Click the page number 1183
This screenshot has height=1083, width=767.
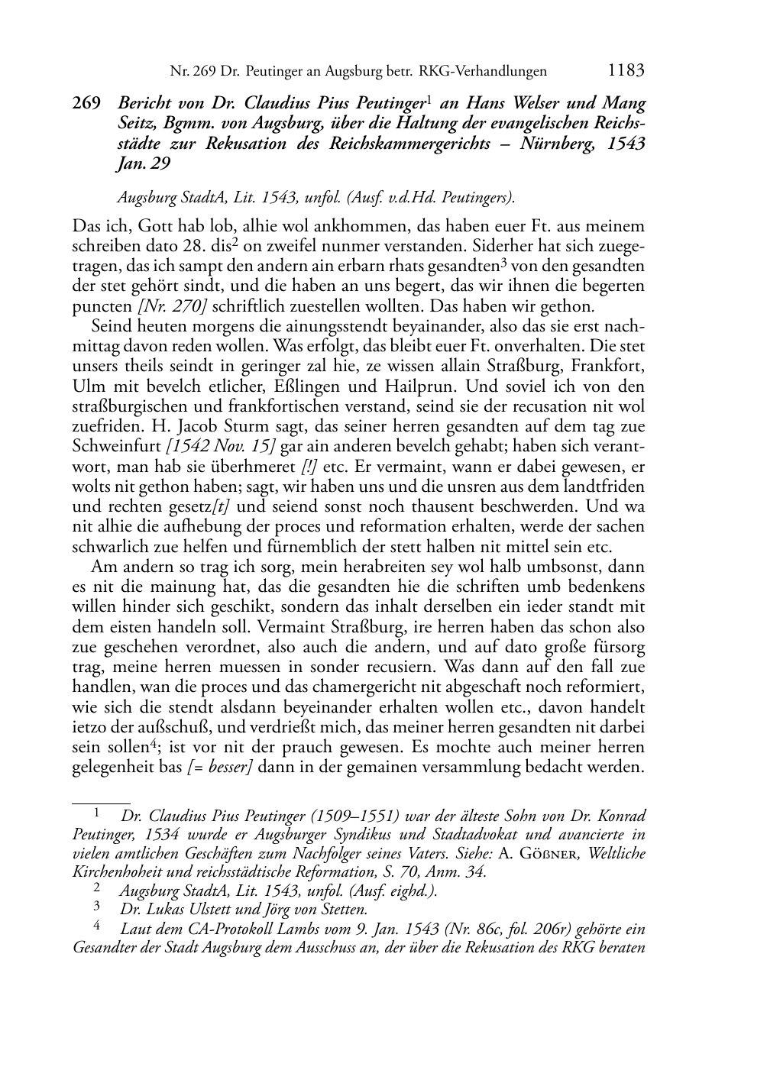coord(626,71)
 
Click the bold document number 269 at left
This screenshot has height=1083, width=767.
coord(86,104)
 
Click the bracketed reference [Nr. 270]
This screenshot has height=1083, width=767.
coord(171,306)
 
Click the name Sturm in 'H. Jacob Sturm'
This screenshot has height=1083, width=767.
coord(205,426)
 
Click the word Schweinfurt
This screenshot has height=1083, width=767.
coord(117,446)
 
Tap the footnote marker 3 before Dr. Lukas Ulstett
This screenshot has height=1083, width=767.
coord(96,908)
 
